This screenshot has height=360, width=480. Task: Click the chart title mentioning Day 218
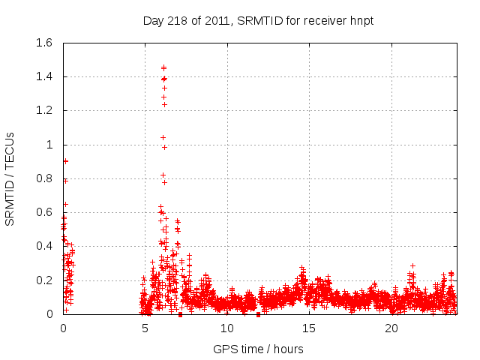(x=258, y=20)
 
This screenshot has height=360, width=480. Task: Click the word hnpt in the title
(x=360, y=20)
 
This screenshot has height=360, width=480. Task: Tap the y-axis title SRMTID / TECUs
(x=10, y=178)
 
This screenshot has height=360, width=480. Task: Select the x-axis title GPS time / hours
(x=258, y=349)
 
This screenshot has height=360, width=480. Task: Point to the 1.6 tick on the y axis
(x=43, y=43)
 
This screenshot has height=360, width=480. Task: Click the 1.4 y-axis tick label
(x=43, y=76)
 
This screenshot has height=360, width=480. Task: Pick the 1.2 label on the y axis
(x=43, y=110)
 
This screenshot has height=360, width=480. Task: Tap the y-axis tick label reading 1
(x=50, y=145)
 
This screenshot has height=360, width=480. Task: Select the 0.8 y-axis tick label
(x=43, y=178)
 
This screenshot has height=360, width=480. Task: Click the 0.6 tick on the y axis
(x=43, y=212)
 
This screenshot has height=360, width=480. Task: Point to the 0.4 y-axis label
(x=43, y=246)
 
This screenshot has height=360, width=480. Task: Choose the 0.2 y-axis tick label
(x=43, y=280)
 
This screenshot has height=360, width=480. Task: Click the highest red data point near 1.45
(x=163, y=67)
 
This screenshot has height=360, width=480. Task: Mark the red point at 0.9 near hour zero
(x=65, y=160)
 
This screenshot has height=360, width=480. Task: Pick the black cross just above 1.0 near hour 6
(x=163, y=137)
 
